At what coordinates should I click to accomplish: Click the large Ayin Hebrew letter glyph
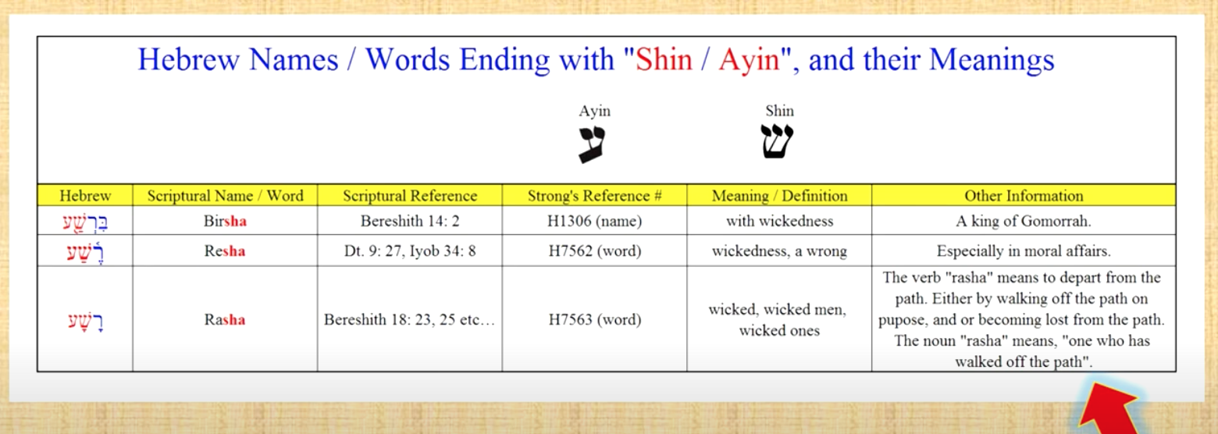pos(592,144)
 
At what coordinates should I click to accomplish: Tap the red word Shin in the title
pos(664,60)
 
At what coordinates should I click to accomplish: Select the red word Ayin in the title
pos(749,60)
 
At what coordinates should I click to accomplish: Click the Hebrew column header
pos(85,196)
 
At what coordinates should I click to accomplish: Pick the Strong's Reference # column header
pos(594,196)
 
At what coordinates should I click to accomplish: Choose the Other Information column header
pos(1024,196)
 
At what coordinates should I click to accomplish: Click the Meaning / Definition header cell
pos(779,196)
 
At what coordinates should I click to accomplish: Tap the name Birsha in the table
pos(225,221)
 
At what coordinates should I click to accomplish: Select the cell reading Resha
pos(225,251)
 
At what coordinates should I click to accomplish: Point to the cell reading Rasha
pos(225,319)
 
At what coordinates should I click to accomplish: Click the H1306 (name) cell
pos(594,221)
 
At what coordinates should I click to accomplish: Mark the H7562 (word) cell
pos(594,251)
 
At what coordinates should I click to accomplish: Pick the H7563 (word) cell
pos(594,319)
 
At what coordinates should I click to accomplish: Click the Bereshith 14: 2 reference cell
pos(409,221)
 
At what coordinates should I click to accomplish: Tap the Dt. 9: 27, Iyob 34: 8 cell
pos(409,251)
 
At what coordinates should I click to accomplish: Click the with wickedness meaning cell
pos(779,221)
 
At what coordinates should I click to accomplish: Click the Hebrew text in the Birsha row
pos(85,222)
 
